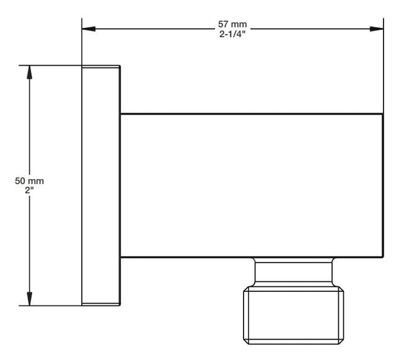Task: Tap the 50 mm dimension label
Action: pos(29,180)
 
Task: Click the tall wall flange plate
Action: pos(101,185)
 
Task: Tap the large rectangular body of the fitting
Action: pos(251,185)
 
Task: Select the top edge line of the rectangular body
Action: pos(251,114)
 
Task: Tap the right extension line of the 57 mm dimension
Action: pos(383,68)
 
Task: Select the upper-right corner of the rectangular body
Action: pos(382,114)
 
